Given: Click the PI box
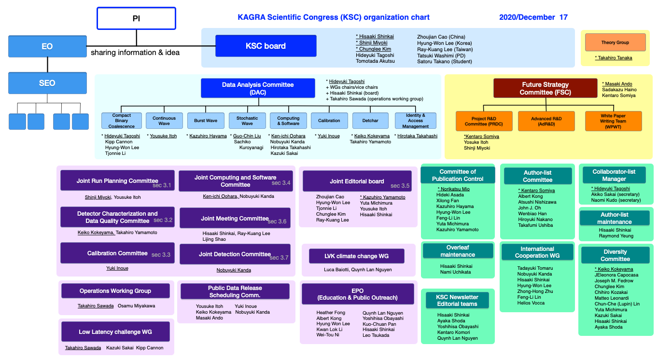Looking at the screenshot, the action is pyautogui.click(x=136, y=18).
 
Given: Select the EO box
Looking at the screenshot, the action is pyautogui.click(x=47, y=46).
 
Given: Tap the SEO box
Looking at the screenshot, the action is pyautogui.click(x=47, y=83).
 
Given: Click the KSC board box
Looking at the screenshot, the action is pyautogui.click(x=266, y=46).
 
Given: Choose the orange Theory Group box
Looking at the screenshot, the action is pyautogui.click(x=615, y=42).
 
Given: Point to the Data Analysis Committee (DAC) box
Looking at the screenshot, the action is pyautogui.click(x=258, y=88).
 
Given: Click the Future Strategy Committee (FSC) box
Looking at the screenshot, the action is pyautogui.click(x=545, y=88).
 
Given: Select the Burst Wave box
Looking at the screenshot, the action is pyautogui.click(x=206, y=121).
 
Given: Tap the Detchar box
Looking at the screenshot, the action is pyautogui.click(x=370, y=121).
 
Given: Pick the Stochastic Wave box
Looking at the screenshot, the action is pyautogui.click(x=247, y=121).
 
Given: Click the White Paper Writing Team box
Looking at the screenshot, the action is pyautogui.click(x=614, y=121).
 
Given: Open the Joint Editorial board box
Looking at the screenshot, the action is pyautogui.click(x=357, y=181).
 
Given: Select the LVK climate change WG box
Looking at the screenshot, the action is pyautogui.click(x=357, y=256).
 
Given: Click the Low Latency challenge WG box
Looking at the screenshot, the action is pyautogui.click(x=115, y=332).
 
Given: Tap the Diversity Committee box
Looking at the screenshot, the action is pyautogui.click(x=615, y=255).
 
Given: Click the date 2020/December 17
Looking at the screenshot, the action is pyautogui.click(x=533, y=17).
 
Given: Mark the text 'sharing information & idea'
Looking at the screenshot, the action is pyautogui.click(x=135, y=53).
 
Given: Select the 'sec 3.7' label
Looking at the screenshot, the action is pyautogui.click(x=279, y=258).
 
